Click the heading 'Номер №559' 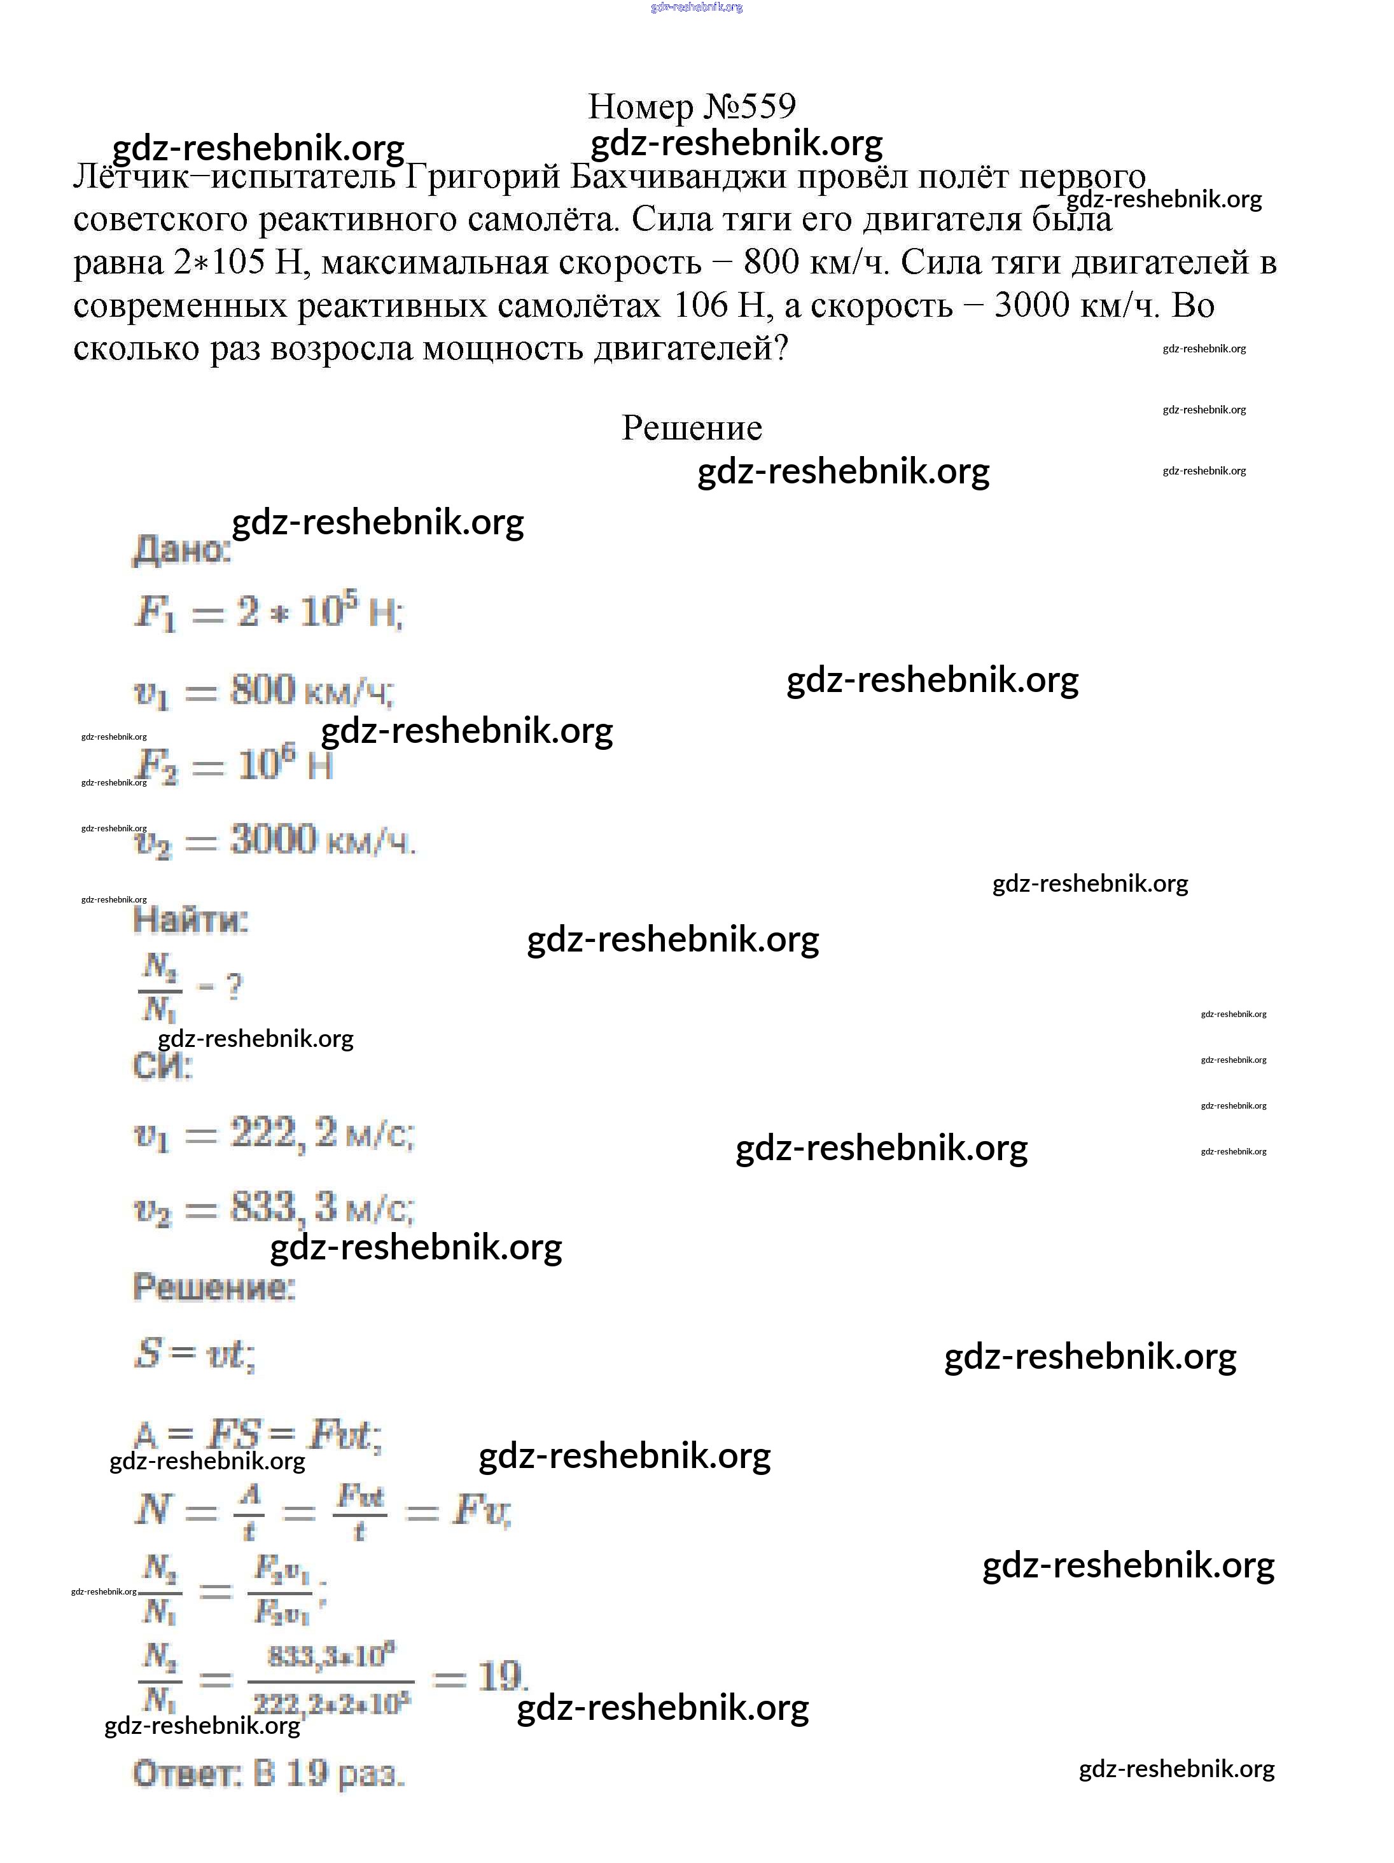coord(691,107)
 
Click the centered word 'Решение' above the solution coord(692,429)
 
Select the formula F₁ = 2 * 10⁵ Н coord(268,613)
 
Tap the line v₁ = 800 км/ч coord(263,691)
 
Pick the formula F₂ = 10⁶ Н coord(234,766)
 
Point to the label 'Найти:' coord(190,920)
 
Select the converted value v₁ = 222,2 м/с coord(274,1135)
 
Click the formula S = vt coord(193,1354)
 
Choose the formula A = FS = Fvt coord(258,1434)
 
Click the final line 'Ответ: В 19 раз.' coord(268,1775)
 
